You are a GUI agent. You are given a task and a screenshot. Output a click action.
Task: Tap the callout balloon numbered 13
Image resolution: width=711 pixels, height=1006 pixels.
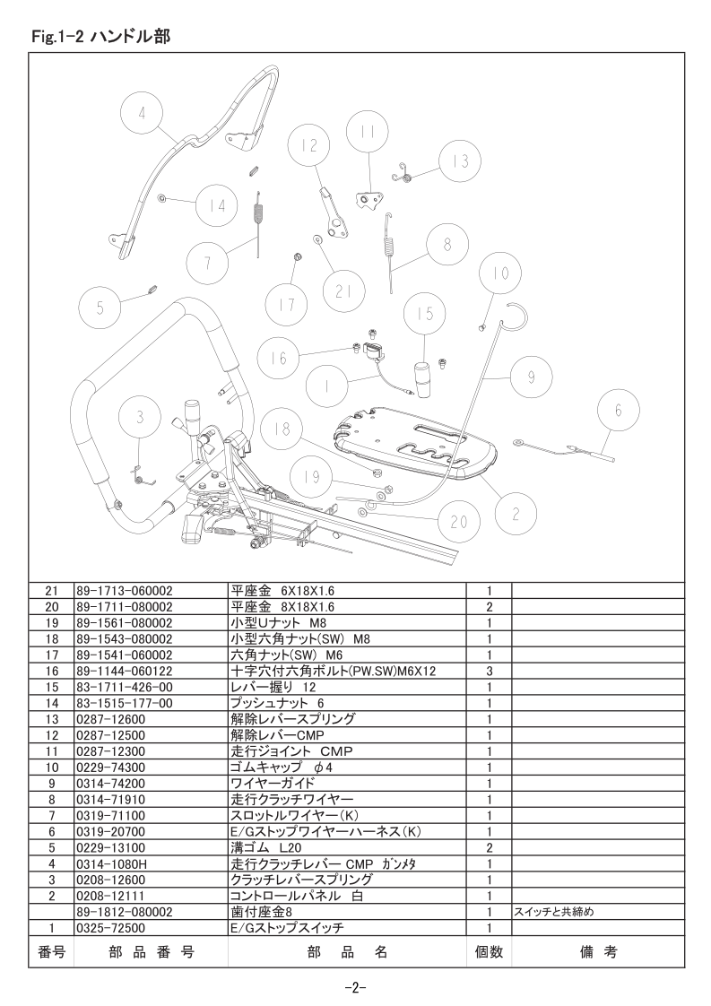[x=461, y=161]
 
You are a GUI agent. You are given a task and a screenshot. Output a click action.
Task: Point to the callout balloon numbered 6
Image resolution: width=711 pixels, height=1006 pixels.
[x=619, y=410]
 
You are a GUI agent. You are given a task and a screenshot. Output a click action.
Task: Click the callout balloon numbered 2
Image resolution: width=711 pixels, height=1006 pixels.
[x=516, y=514]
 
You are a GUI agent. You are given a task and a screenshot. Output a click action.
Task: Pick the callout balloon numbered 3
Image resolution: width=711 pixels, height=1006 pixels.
[x=141, y=417]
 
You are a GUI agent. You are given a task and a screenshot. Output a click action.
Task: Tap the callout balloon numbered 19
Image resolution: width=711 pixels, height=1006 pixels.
[x=312, y=477]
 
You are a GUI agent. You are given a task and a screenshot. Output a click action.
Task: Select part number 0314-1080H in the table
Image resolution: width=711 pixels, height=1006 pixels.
[x=112, y=863]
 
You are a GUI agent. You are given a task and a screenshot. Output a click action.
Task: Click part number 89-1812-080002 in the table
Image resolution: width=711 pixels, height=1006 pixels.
[x=125, y=912]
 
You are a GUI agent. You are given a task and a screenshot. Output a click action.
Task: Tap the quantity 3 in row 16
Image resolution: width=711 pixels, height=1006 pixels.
[x=489, y=671]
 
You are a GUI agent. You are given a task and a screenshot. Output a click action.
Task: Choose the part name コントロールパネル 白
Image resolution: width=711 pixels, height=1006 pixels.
[x=297, y=896]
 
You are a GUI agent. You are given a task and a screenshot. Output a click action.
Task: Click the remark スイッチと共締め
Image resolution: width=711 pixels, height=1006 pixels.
[x=552, y=912]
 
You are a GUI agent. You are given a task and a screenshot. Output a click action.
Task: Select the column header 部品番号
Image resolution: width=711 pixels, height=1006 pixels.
[x=152, y=952]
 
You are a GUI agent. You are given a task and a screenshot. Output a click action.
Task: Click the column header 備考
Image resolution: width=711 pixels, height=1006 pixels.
[x=598, y=952]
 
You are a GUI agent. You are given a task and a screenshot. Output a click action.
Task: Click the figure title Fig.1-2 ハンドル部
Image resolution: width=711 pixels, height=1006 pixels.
[x=100, y=37]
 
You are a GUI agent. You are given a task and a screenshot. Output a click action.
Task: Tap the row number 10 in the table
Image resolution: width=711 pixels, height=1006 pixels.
[x=52, y=768]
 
